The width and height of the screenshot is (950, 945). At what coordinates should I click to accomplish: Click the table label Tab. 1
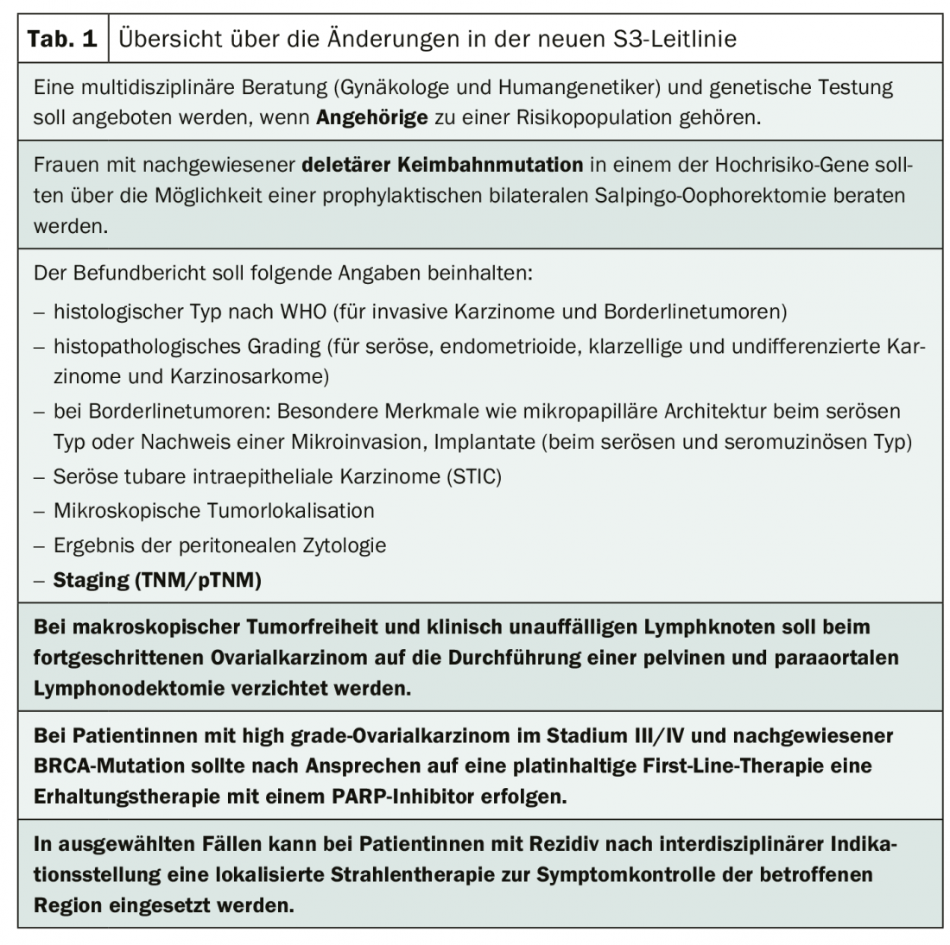(x=62, y=39)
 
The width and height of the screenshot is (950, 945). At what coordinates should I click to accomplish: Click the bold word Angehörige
(x=371, y=117)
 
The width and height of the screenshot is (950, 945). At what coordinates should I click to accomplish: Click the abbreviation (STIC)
(x=472, y=476)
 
